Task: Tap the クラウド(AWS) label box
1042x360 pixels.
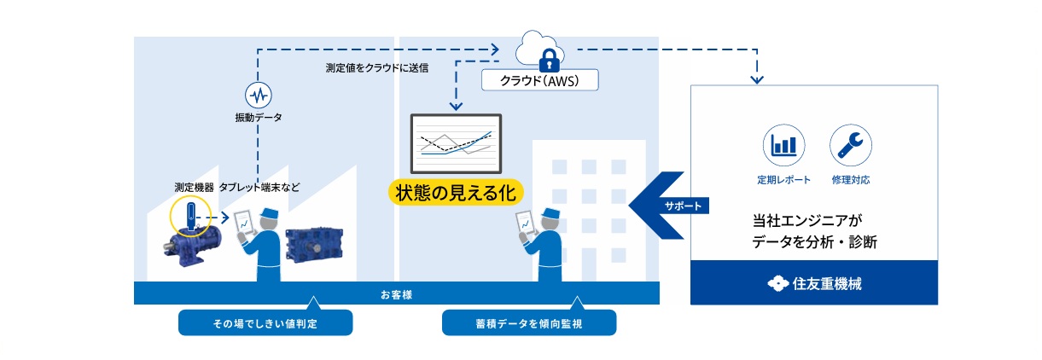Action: click(539, 80)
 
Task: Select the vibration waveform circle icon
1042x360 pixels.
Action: click(257, 94)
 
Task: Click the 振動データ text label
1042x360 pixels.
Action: click(258, 116)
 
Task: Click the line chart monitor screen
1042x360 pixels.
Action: click(456, 142)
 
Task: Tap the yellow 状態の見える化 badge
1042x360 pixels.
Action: click(455, 190)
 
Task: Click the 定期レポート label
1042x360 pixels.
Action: click(783, 181)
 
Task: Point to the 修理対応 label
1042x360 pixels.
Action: click(850, 181)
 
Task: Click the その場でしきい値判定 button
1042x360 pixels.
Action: click(265, 323)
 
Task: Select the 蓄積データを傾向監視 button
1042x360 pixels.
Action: click(528, 323)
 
